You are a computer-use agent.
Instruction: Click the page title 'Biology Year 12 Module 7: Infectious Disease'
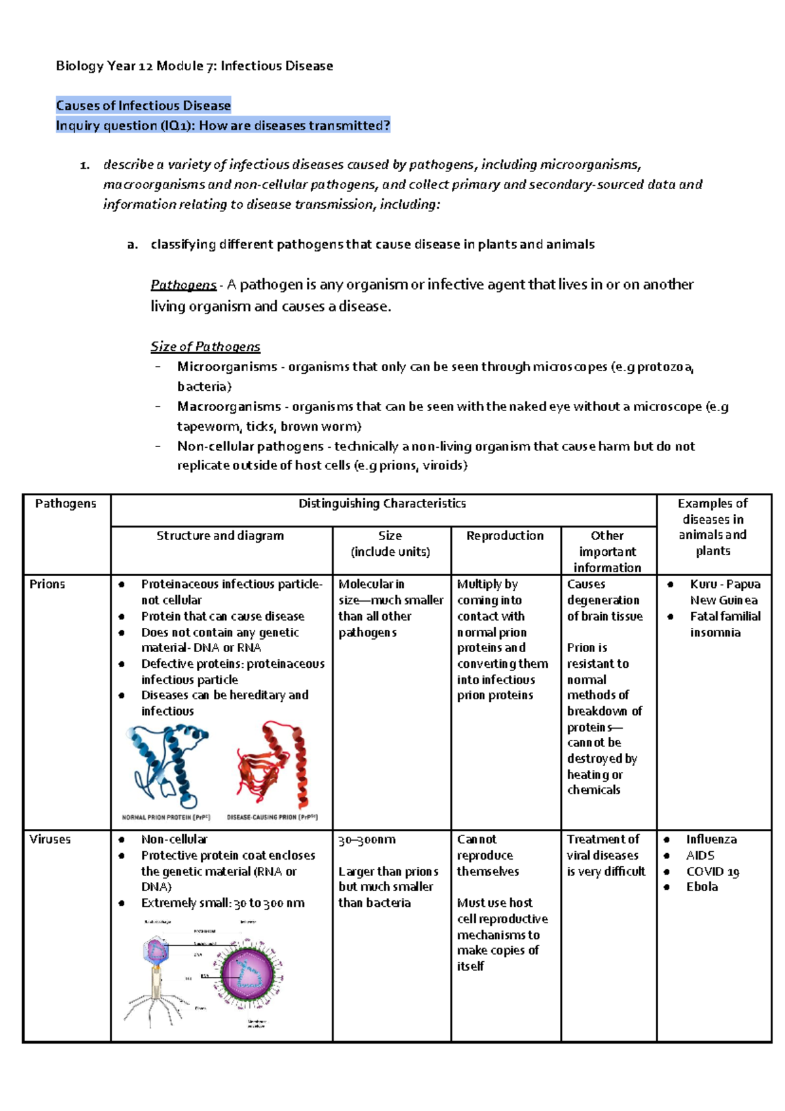click(x=194, y=66)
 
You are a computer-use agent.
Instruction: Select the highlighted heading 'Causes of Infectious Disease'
click(x=143, y=105)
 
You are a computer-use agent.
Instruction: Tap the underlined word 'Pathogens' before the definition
click(x=183, y=285)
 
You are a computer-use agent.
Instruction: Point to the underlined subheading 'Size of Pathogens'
click(x=205, y=346)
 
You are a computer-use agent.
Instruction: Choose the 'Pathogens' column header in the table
click(x=65, y=503)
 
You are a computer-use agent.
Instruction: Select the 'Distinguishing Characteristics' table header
click(x=382, y=503)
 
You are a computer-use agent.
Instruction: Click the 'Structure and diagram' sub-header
click(x=220, y=536)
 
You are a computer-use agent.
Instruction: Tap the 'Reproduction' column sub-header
click(x=505, y=536)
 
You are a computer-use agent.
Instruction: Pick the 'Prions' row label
click(x=47, y=584)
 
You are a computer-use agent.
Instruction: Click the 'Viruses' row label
click(x=50, y=839)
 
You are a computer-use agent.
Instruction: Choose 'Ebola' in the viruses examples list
click(x=702, y=887)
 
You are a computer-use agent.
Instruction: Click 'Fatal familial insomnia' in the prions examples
click(x=725, y=624)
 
